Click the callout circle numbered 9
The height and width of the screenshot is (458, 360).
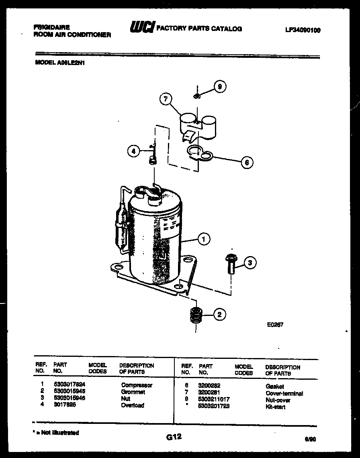coord(219,87)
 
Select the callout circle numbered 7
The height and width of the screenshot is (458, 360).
coord(165,100)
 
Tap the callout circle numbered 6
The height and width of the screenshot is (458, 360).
coord(247,163)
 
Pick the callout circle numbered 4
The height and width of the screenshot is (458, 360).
coord(134,151)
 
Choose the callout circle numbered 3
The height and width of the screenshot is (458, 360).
coord(250,263)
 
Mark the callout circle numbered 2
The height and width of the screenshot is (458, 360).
coord(219,315)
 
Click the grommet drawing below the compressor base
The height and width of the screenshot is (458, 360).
coord(195,315)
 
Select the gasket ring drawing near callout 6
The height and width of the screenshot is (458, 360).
coord(200,153)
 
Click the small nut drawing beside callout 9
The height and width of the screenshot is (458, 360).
coord(197,96)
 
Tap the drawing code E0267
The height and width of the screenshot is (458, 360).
coord(275,325)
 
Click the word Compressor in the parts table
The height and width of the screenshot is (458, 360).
coord(137,385)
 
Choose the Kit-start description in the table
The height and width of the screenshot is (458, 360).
coord(276,407)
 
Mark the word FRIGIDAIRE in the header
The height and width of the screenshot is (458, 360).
coord(52,27)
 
